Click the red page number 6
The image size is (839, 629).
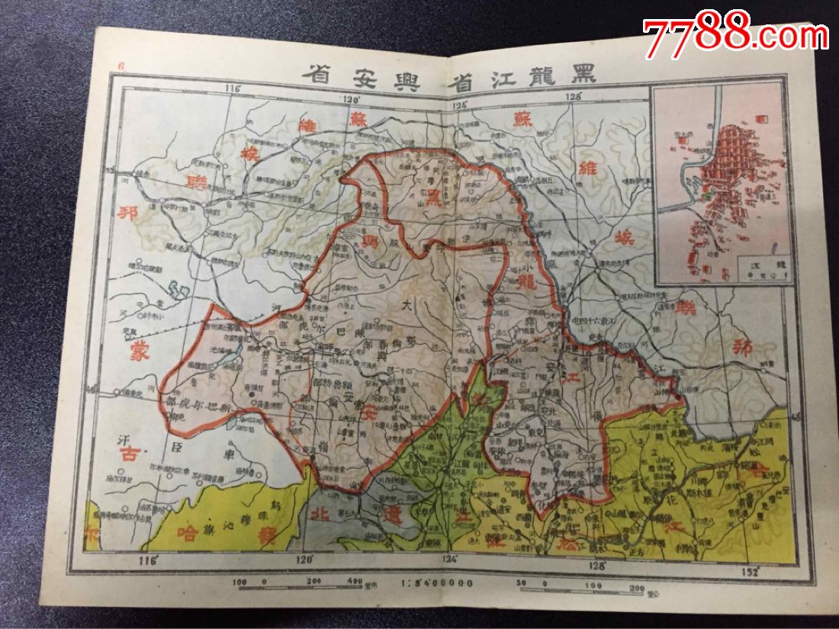click(121, 66)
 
